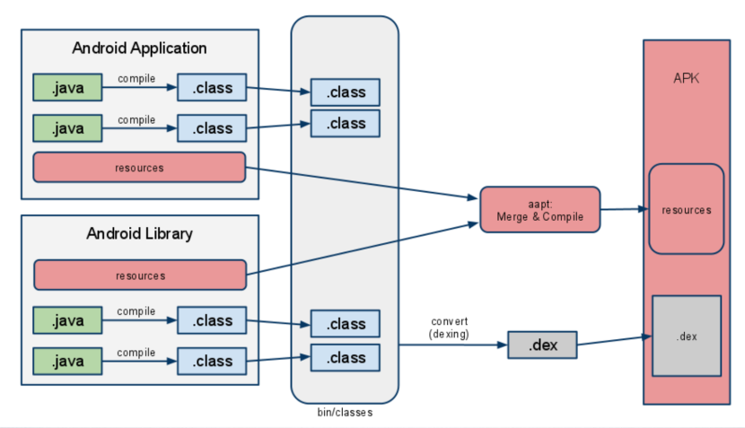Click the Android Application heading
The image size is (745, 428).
pos(139,48)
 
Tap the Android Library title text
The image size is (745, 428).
pos(139,234)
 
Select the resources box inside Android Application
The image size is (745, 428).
pos(139,168)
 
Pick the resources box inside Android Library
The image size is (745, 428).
pos(140,275)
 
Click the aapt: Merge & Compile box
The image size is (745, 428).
pos(539,210)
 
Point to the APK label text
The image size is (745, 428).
pos(686,79)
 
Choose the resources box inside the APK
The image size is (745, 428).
pos(686,210)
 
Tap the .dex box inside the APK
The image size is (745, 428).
pos(686,336)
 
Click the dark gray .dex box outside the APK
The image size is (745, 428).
pos(542,345)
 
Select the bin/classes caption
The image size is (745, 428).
pos(345,413)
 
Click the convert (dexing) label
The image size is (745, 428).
pos(449,328)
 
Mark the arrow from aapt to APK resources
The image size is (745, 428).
pos(624,209)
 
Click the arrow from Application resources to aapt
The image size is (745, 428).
pos(359,183)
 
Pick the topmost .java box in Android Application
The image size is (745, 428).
pos(67,88)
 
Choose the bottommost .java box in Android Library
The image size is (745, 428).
pos(67,361)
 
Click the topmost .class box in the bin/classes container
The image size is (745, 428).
pos(346,92)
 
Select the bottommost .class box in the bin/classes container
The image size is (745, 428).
pos(346,358)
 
